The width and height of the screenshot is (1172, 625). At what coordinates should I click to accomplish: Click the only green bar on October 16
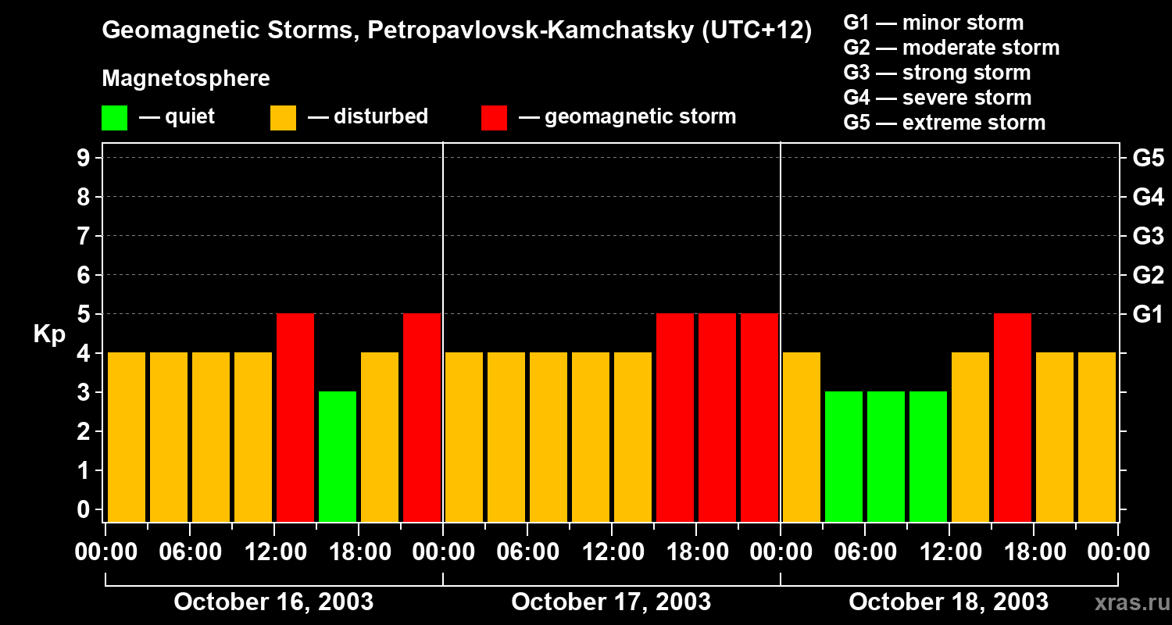338,456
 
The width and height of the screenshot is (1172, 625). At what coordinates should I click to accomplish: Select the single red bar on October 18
1013,417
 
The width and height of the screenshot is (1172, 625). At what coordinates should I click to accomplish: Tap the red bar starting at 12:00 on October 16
295,417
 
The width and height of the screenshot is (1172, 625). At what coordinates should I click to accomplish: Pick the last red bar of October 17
759,417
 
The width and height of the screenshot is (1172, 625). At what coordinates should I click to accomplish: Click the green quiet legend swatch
114,118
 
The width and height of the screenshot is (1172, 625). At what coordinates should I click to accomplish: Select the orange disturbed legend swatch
283,118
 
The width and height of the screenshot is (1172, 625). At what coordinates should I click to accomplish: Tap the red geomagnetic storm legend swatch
495,118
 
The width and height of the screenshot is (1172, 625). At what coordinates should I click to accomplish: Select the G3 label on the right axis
1148,236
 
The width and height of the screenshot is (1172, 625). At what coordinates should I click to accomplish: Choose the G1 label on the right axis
1148,314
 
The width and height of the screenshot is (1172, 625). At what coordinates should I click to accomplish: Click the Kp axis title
49,335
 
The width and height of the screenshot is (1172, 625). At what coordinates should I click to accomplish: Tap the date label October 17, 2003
611,602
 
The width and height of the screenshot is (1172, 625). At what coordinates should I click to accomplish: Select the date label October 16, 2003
273,602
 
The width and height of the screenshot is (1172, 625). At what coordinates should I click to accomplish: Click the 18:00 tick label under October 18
1033,552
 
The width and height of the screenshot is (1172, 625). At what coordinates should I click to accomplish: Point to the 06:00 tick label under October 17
527,552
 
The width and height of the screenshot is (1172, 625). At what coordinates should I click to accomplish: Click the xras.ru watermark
1131,603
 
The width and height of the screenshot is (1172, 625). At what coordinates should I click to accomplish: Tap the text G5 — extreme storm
944,123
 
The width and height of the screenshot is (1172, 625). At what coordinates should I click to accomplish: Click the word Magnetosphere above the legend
186,79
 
